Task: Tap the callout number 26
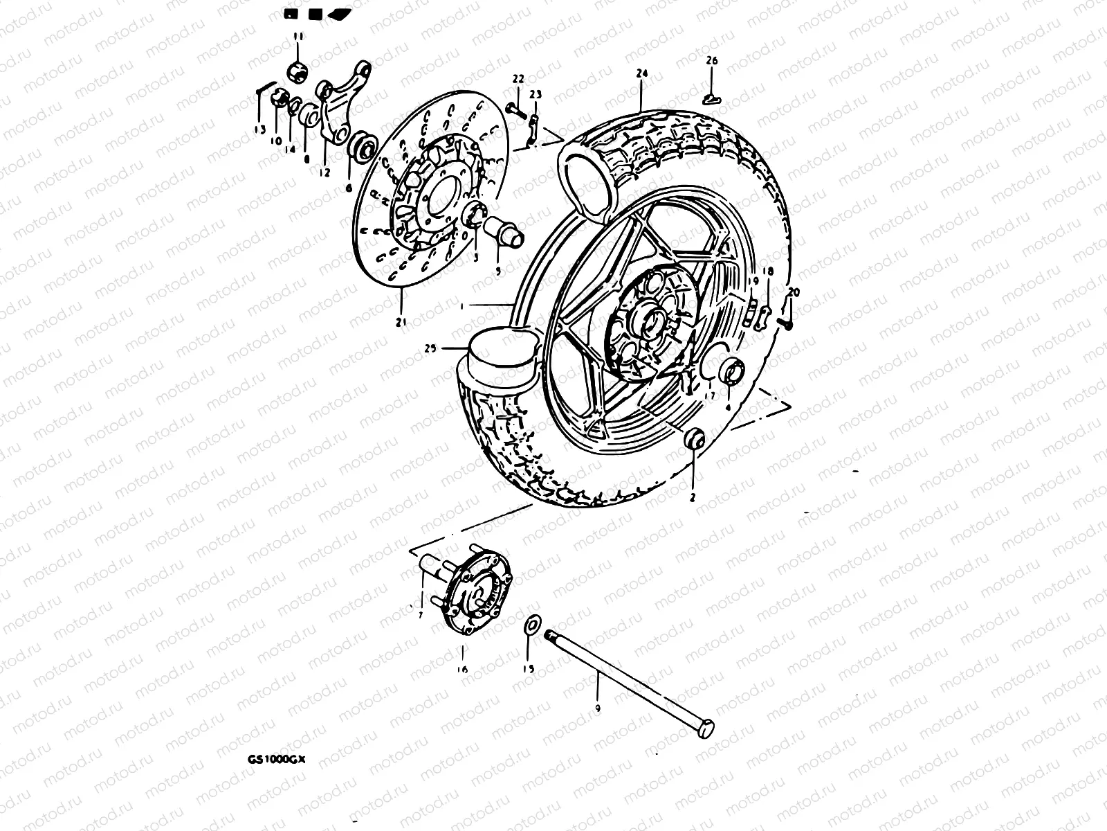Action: pos(712,61)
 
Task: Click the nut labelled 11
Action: pos(298,69)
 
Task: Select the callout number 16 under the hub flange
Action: pos(461,669)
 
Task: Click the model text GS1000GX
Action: pos(276,758)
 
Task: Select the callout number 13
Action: pos(259,129)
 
